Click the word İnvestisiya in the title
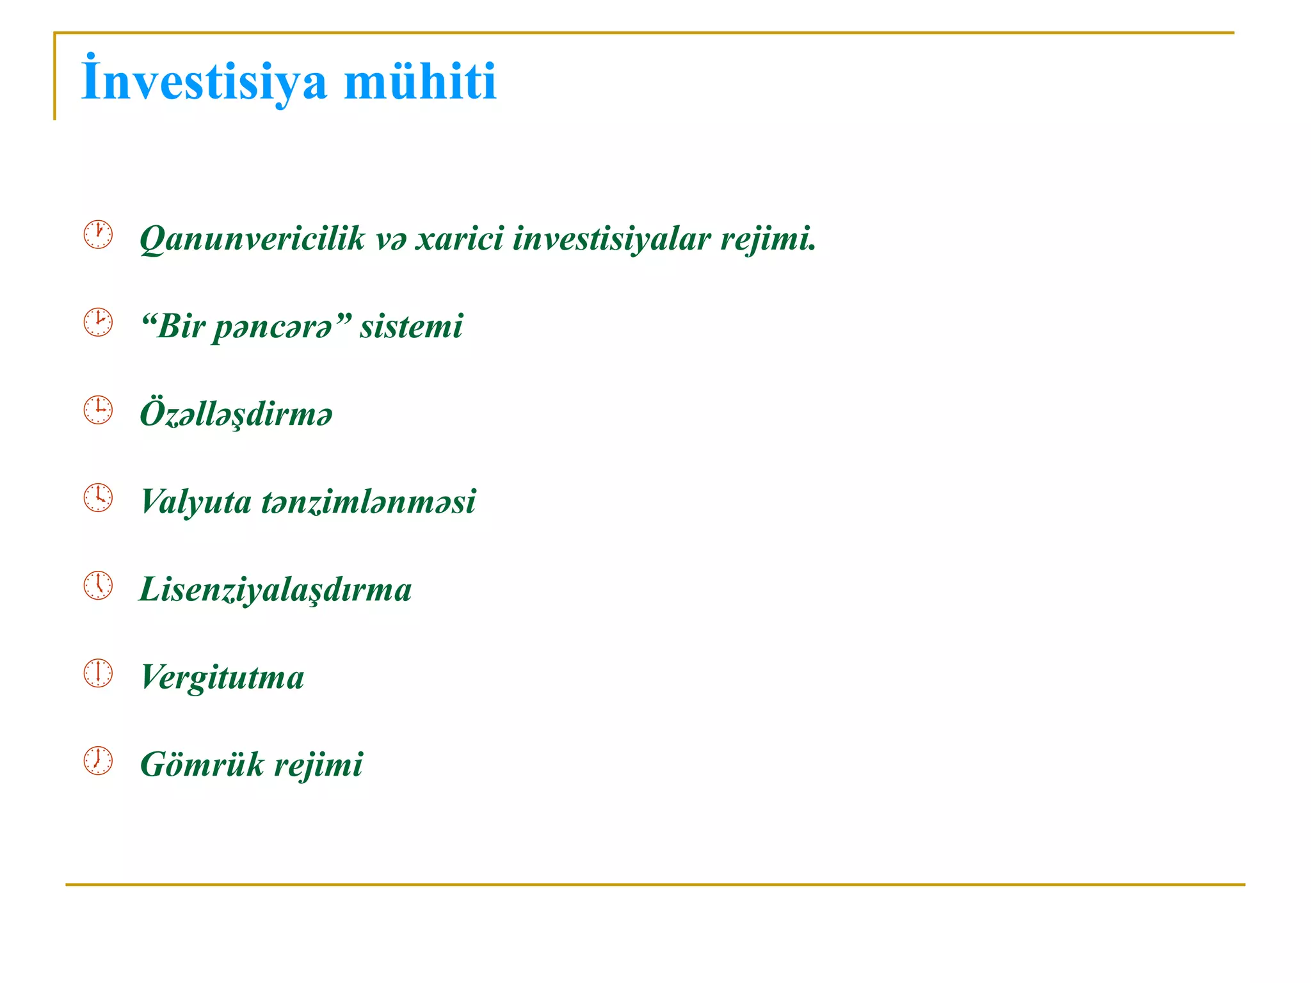tap(204, 82)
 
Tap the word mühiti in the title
tap(420, 82)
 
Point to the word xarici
tap(459, 238)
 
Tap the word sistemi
tap(411, 326)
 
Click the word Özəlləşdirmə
tap(236, 413)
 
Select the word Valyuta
tap(196, 502)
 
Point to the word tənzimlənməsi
tap(368, 501)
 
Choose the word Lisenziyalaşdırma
tap(275, 589)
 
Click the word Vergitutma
tap(222, 678)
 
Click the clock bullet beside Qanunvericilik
tap(98, 235)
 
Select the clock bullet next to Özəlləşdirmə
tap(98, 410)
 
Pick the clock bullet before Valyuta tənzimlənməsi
tap(98, 498)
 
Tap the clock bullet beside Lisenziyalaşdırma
tap(98, 586)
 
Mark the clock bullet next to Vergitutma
tap(98, 673)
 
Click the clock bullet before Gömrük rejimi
tap(98, 761)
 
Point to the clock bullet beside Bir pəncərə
tap(98, 323)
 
